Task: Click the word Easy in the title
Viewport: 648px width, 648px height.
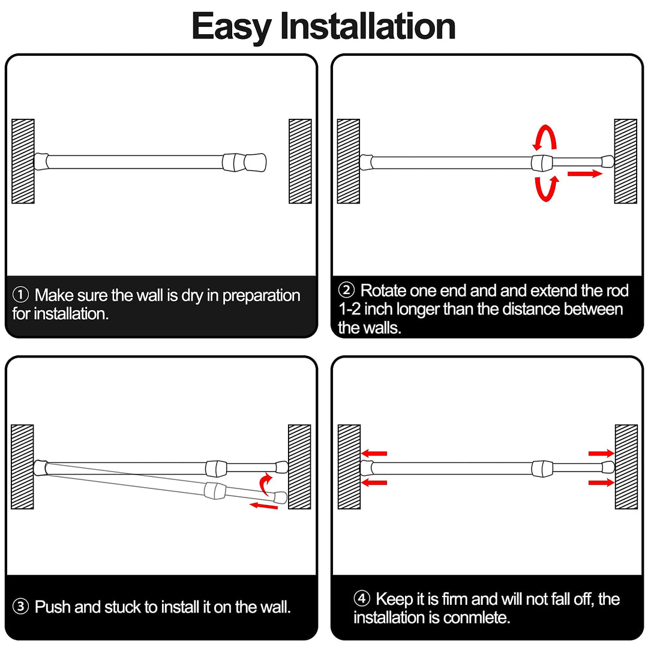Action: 232,26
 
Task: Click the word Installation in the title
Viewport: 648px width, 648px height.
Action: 368,26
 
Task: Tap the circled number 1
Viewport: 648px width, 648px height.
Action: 20,295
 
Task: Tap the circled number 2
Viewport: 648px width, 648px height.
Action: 347,291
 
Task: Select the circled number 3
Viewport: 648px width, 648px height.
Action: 20,607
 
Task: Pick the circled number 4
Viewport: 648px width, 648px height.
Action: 362,599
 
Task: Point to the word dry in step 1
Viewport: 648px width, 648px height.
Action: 193,295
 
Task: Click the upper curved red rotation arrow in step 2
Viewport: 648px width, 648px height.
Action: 546,138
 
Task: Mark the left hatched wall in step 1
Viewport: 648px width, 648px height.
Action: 23,161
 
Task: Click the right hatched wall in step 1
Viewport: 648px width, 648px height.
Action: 300,161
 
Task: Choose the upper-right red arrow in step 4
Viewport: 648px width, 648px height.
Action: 601,453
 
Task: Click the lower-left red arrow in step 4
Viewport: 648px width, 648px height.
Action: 374,482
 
